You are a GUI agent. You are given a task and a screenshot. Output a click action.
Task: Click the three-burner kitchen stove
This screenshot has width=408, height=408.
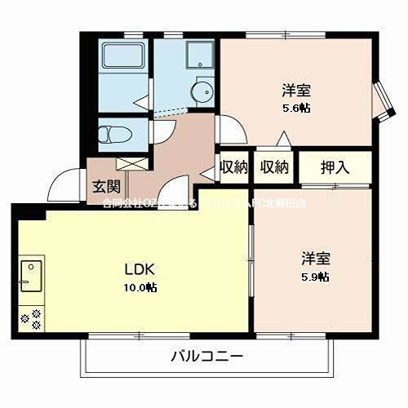click(x=30, y=317)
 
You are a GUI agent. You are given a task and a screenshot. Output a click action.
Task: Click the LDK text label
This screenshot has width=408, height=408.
click(x=140, y=269)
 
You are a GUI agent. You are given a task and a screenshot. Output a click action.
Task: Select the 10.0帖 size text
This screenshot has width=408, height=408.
click(x=140, y=287)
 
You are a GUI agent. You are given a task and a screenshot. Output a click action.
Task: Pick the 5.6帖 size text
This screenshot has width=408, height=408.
click(x=296, y=107)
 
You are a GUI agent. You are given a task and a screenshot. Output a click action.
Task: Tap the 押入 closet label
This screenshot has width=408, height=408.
click(x=335, y=167)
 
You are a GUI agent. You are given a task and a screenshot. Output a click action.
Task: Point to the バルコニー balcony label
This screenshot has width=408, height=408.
click(x=208, y=356)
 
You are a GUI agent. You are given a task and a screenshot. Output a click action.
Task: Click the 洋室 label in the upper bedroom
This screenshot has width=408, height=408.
click(x=296, y=90)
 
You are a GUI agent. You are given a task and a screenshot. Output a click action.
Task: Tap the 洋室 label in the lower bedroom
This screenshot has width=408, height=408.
click(x=315, y=259)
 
